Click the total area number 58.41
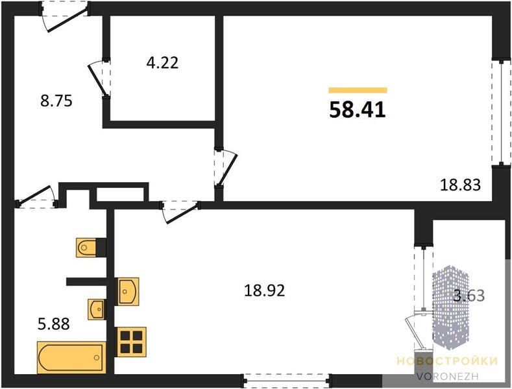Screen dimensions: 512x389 coord(358,110)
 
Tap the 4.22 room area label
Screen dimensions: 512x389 coord(163,63)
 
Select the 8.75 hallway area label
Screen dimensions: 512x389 coord(56,101)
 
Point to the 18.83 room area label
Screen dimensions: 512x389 coord(460,185)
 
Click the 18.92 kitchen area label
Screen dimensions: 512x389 coord(265,290)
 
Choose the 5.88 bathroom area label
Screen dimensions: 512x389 coord(54,324)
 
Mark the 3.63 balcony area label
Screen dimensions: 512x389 coord(469,296)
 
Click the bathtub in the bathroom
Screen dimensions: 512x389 coord(72,357)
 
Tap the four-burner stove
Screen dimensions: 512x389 coord(132,342)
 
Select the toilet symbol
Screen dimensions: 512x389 coord(86,248)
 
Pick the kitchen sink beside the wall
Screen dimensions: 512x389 coord(128,291)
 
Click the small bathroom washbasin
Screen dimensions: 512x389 coord(97,309)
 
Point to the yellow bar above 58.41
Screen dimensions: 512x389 coord(358,90)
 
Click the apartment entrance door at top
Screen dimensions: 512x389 coord(64,16)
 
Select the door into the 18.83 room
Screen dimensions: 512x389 coord(225,169)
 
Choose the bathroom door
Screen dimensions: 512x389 coord(36,197)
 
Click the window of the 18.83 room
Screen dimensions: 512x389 coord(501,113)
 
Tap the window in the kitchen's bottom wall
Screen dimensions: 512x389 coord(286,381)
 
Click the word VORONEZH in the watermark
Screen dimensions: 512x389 coord(447,376)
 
